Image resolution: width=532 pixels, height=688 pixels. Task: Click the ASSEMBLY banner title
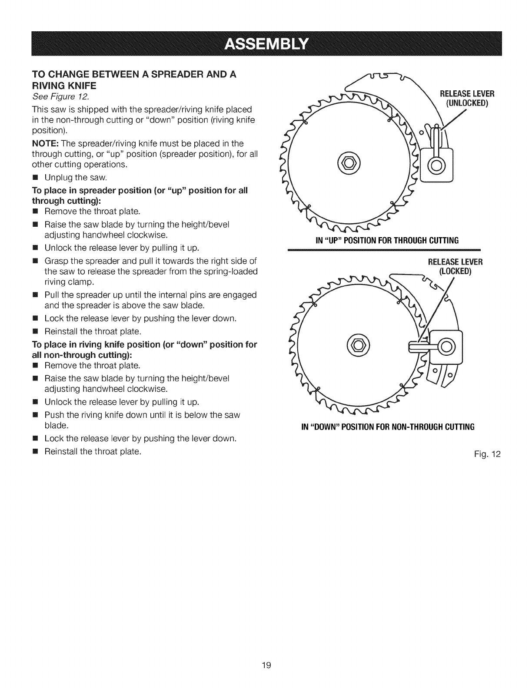pos(266,44)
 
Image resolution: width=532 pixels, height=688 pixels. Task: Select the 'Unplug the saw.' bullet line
pos(75,178)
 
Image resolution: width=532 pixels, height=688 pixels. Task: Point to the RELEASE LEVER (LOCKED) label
pos(456,266)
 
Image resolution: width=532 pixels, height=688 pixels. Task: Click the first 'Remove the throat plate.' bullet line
pos(92,212)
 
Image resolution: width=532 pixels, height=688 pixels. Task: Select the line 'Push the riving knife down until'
pos(143,415)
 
